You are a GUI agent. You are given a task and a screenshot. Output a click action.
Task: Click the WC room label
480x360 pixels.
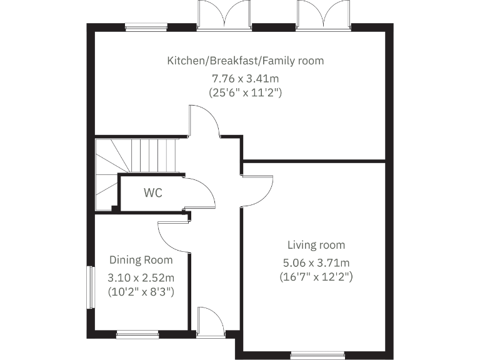[x=153, y=193]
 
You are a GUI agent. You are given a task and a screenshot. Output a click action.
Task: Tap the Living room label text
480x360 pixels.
[x=316, y=245]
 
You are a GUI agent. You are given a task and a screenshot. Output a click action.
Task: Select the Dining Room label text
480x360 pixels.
[x=141, y=260]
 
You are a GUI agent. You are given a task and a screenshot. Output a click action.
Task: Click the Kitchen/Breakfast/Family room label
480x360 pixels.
[x=245, y=61]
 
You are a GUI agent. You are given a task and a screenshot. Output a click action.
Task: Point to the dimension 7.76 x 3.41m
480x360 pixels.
[x=245, y=79]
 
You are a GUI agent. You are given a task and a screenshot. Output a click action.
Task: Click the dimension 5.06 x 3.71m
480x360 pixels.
[x=316, y=262]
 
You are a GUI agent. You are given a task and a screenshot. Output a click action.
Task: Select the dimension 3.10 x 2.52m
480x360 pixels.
[x=141, y=277]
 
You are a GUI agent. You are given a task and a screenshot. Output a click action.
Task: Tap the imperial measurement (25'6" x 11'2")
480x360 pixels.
[x=245, y=92]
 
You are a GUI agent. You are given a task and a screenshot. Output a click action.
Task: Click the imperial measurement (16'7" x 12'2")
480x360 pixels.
[x=316, y=276]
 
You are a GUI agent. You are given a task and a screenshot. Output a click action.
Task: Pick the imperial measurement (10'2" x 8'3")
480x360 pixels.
[x=141, y=291]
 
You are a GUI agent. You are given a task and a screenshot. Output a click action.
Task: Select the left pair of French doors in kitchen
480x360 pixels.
[x=224, y=15]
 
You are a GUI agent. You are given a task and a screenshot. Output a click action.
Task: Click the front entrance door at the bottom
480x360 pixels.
[x=209, y=322]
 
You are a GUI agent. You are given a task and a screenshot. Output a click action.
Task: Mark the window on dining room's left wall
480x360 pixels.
[x=91, y=288]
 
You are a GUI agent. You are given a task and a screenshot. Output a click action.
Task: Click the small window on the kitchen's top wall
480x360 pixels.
[x=146, y=27]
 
